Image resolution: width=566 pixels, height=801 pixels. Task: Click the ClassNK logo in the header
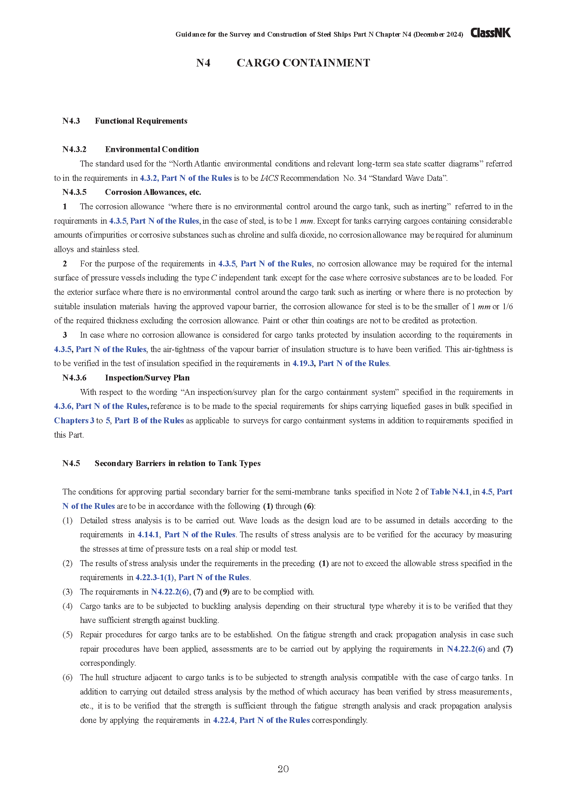(490, 33)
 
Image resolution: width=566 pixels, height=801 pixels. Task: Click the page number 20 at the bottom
(283, 769)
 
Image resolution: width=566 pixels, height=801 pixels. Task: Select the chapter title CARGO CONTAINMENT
(303, 63)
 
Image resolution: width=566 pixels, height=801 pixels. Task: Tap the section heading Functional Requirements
(141, 121)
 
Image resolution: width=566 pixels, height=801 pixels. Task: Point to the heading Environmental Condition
(152, 149)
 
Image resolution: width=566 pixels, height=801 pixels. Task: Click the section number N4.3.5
(74, 192)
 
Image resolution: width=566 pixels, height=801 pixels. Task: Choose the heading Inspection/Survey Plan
(147, 378)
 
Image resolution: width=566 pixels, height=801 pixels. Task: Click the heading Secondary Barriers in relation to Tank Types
(177, 463)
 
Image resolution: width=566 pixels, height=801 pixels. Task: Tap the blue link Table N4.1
(450, 492)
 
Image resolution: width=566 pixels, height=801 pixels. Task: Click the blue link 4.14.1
(148, 535)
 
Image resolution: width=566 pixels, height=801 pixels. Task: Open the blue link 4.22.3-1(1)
(154, 577)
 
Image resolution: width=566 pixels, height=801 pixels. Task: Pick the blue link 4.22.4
(224, 720)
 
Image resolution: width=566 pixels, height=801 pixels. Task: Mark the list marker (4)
(67, 606)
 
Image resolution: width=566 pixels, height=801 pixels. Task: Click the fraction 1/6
(507, 306)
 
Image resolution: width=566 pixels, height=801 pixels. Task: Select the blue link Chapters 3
(74, 421)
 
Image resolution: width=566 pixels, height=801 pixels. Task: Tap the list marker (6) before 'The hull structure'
(67, 677)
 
